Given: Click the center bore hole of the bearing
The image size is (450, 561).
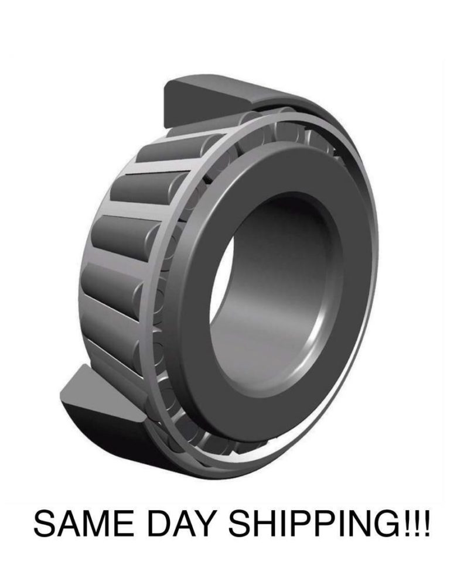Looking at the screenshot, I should pos(275,293).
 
